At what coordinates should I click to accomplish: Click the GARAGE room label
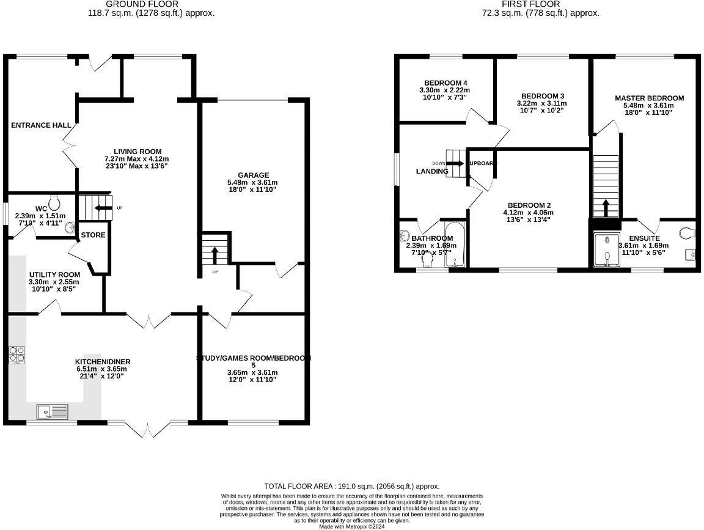pos(254,175)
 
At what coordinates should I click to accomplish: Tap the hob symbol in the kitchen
pos(17,355)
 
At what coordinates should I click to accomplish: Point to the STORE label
pos(93,235)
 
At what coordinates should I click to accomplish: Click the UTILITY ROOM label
pos(54,274)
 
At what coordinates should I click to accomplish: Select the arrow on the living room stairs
pos(102,208)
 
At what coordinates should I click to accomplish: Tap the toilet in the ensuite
pos(687,232)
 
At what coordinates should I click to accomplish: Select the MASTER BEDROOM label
pos(649,98)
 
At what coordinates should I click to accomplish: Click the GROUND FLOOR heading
pos(151,4)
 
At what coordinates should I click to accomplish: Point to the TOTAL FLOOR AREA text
pos(351,486)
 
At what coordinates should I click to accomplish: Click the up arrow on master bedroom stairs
pos(606,208)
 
